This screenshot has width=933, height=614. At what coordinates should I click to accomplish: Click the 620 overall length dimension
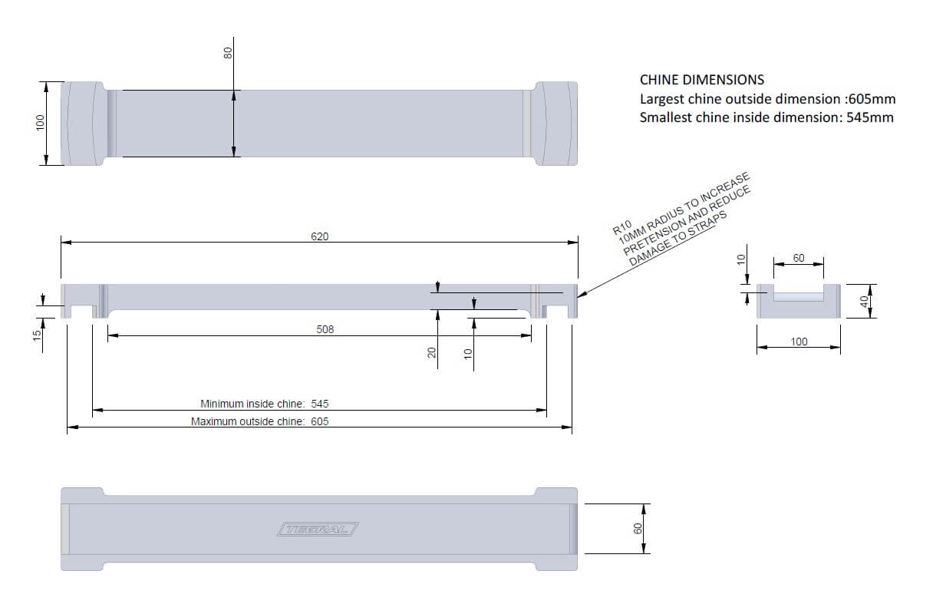tap(319, 236)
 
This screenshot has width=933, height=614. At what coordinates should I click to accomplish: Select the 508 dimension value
tap(325, 329)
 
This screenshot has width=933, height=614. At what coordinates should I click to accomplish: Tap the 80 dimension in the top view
tap(228, 53)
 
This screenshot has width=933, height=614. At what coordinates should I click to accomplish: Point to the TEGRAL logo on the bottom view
tap(318, 529)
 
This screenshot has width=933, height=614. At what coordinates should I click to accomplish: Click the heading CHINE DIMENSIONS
tap(702, 80)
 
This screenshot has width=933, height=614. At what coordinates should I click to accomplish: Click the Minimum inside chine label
tap(252, 404)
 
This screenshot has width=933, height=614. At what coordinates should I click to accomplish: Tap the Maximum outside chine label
tap(248, 421)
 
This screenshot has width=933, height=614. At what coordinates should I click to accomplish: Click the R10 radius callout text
tap(621, 228)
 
